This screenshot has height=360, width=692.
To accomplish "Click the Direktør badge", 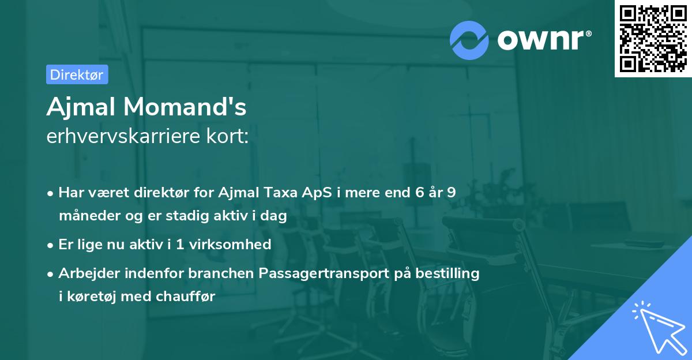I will (x=77, y=74).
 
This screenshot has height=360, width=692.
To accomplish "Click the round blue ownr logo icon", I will (x=469, y=40).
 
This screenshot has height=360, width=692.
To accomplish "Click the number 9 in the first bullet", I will (x=451, y=193).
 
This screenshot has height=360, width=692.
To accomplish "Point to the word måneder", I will (x=86, y=216).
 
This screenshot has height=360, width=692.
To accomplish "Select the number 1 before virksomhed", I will (x=180, y=245).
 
